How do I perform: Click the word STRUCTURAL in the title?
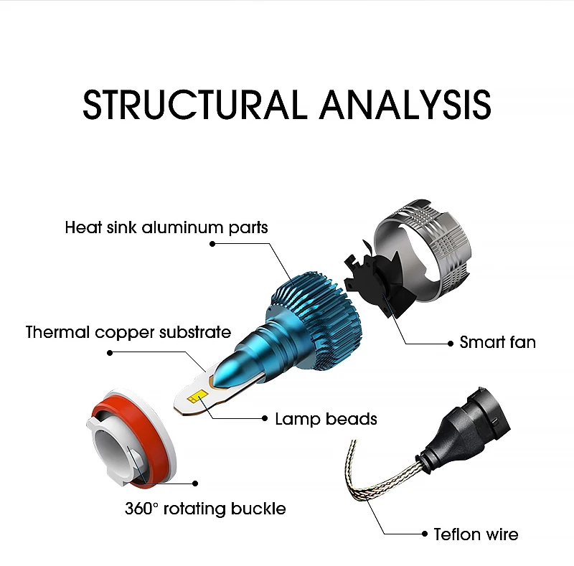pos(194,105)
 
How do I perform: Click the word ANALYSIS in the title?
pos(405,105)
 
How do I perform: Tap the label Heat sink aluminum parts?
pos(166,227)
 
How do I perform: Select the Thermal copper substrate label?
pos(128,332)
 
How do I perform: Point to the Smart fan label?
pos(497,342)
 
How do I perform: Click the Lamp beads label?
pos(326,419)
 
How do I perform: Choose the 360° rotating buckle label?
pos(205,509)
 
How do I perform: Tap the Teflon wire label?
pos(476,534)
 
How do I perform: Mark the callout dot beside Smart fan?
pos(451,344)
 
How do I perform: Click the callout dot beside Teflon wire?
pos(425,534)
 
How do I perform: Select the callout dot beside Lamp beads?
pos(265,418)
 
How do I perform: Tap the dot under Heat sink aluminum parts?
pos(212,244)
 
